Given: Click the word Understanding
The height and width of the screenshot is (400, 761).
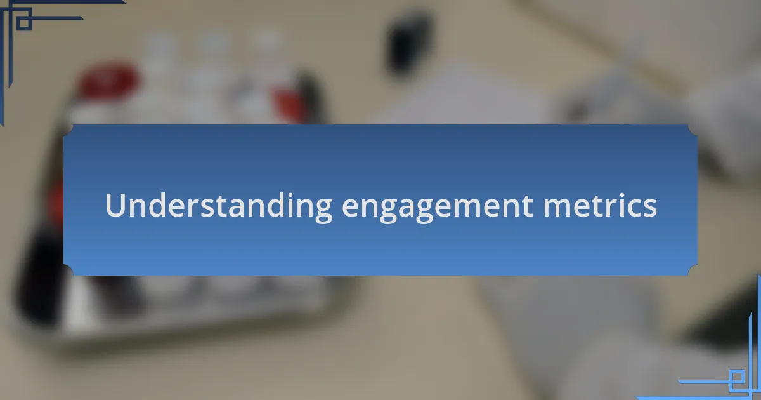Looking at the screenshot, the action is (219, 206).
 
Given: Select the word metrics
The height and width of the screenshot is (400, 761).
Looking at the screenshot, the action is (600, 205).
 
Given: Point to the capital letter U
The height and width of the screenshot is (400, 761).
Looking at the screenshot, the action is (115, 204).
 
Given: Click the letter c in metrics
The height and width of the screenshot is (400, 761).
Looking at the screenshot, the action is (628, 208).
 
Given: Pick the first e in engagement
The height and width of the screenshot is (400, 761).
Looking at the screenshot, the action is (351, 208).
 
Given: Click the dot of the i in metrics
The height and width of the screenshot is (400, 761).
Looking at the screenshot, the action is (614, 194).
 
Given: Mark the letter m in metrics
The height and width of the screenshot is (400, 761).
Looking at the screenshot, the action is (557, 208).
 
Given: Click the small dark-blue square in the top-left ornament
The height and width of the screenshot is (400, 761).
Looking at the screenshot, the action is (24, 22).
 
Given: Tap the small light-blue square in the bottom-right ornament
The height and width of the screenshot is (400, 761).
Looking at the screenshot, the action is (737, 377).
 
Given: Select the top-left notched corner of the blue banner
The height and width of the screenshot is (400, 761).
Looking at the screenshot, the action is (68, 130).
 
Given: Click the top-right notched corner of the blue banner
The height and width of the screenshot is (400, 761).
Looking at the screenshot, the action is (693, 130).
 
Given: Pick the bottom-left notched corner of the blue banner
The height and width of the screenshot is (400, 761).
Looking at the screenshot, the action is (68, 270).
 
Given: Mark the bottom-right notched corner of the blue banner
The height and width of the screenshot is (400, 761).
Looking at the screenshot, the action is (693, 270).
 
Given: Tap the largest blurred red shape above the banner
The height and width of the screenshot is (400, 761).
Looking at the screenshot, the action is (107, 82).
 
